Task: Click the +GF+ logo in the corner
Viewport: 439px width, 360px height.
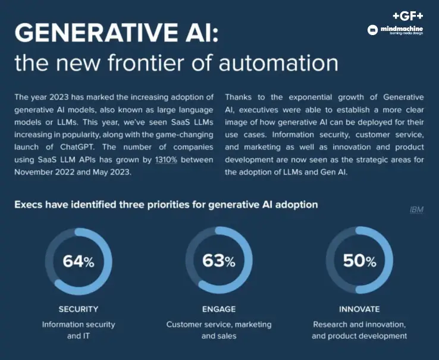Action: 407,16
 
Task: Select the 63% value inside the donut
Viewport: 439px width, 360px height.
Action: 218,261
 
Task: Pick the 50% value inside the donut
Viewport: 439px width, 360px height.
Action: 359,261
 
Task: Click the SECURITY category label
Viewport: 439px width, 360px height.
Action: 79,309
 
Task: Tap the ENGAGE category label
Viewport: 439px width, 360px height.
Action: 219,309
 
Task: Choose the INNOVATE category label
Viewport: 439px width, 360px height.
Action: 359,309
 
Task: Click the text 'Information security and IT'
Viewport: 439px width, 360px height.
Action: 79,330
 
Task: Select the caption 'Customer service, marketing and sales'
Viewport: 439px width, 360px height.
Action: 219,330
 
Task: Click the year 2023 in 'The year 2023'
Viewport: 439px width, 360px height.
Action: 58,96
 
